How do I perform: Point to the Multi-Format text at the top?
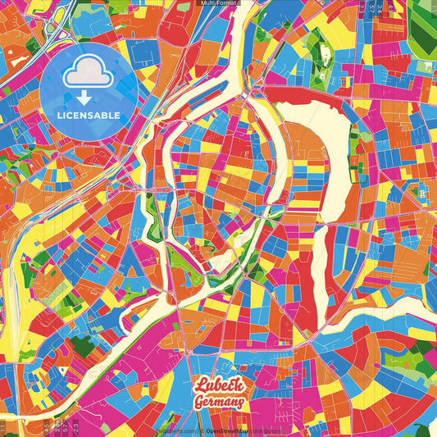tap(219, 4)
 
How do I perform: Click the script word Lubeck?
tap(218, 385)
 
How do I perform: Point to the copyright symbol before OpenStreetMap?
tap(201, 430)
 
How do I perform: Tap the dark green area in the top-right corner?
tap(423, 33)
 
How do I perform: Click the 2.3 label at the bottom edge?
tap(75, 426)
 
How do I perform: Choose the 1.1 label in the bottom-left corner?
tap(3, 428)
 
